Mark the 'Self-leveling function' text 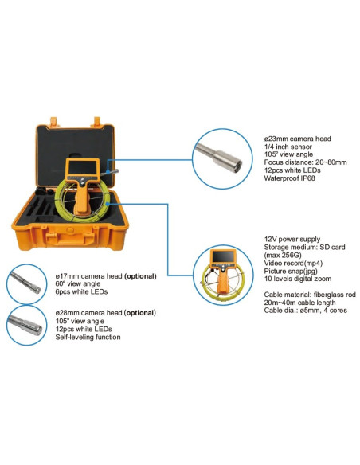[x=87, y=338]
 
